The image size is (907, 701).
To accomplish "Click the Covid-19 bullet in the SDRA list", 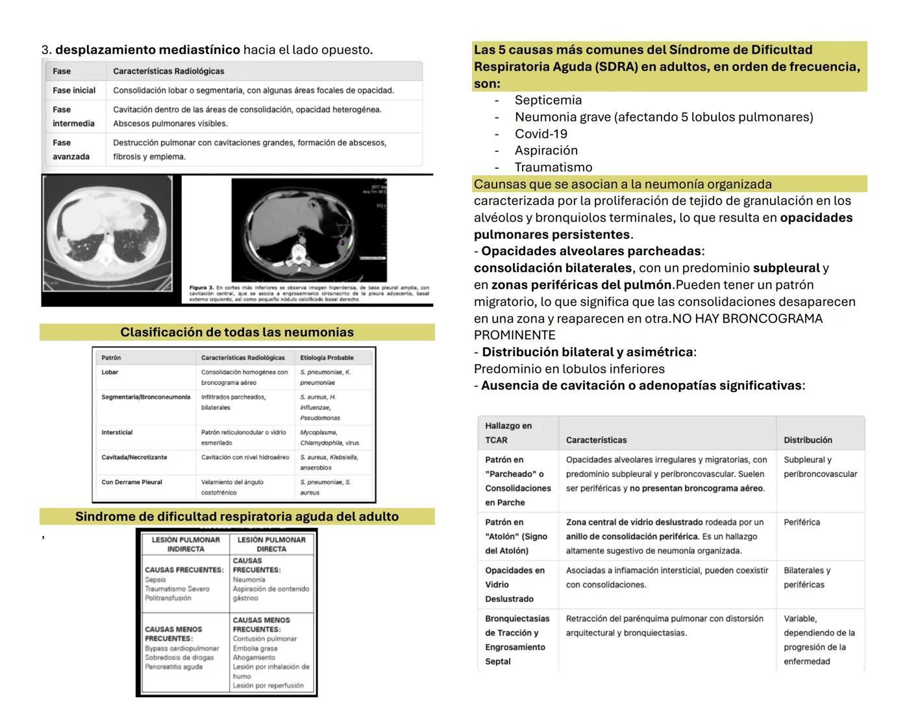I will [541, 134].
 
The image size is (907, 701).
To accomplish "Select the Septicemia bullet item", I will [548, 100].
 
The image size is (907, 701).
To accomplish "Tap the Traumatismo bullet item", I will [553, 167].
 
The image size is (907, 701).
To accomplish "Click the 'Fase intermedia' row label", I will [73, 116].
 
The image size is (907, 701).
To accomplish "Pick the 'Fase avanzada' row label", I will [71, 149].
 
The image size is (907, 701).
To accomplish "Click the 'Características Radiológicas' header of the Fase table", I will [168, 71].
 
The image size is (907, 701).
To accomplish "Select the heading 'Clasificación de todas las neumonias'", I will [237, 332].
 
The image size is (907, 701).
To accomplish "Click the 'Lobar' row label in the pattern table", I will [110, 373].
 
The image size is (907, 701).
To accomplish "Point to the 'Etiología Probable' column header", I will [327, 358].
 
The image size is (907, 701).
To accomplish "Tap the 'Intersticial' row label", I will [117, 432].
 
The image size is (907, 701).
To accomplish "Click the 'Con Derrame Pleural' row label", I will [132, 482].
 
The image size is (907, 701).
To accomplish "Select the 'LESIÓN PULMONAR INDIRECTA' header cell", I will [186, 544].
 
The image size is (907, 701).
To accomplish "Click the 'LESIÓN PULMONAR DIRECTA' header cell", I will [271, 544].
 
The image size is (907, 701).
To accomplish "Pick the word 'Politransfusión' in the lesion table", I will [168, 598].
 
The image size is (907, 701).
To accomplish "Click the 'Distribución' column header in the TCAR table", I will [808, 440].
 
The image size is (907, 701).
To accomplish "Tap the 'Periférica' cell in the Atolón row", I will [801, 523].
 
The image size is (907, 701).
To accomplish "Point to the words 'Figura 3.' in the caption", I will [201, 288].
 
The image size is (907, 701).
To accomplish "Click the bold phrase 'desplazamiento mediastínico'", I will [147, 50].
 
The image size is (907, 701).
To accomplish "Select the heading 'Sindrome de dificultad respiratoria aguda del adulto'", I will [237, 517].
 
